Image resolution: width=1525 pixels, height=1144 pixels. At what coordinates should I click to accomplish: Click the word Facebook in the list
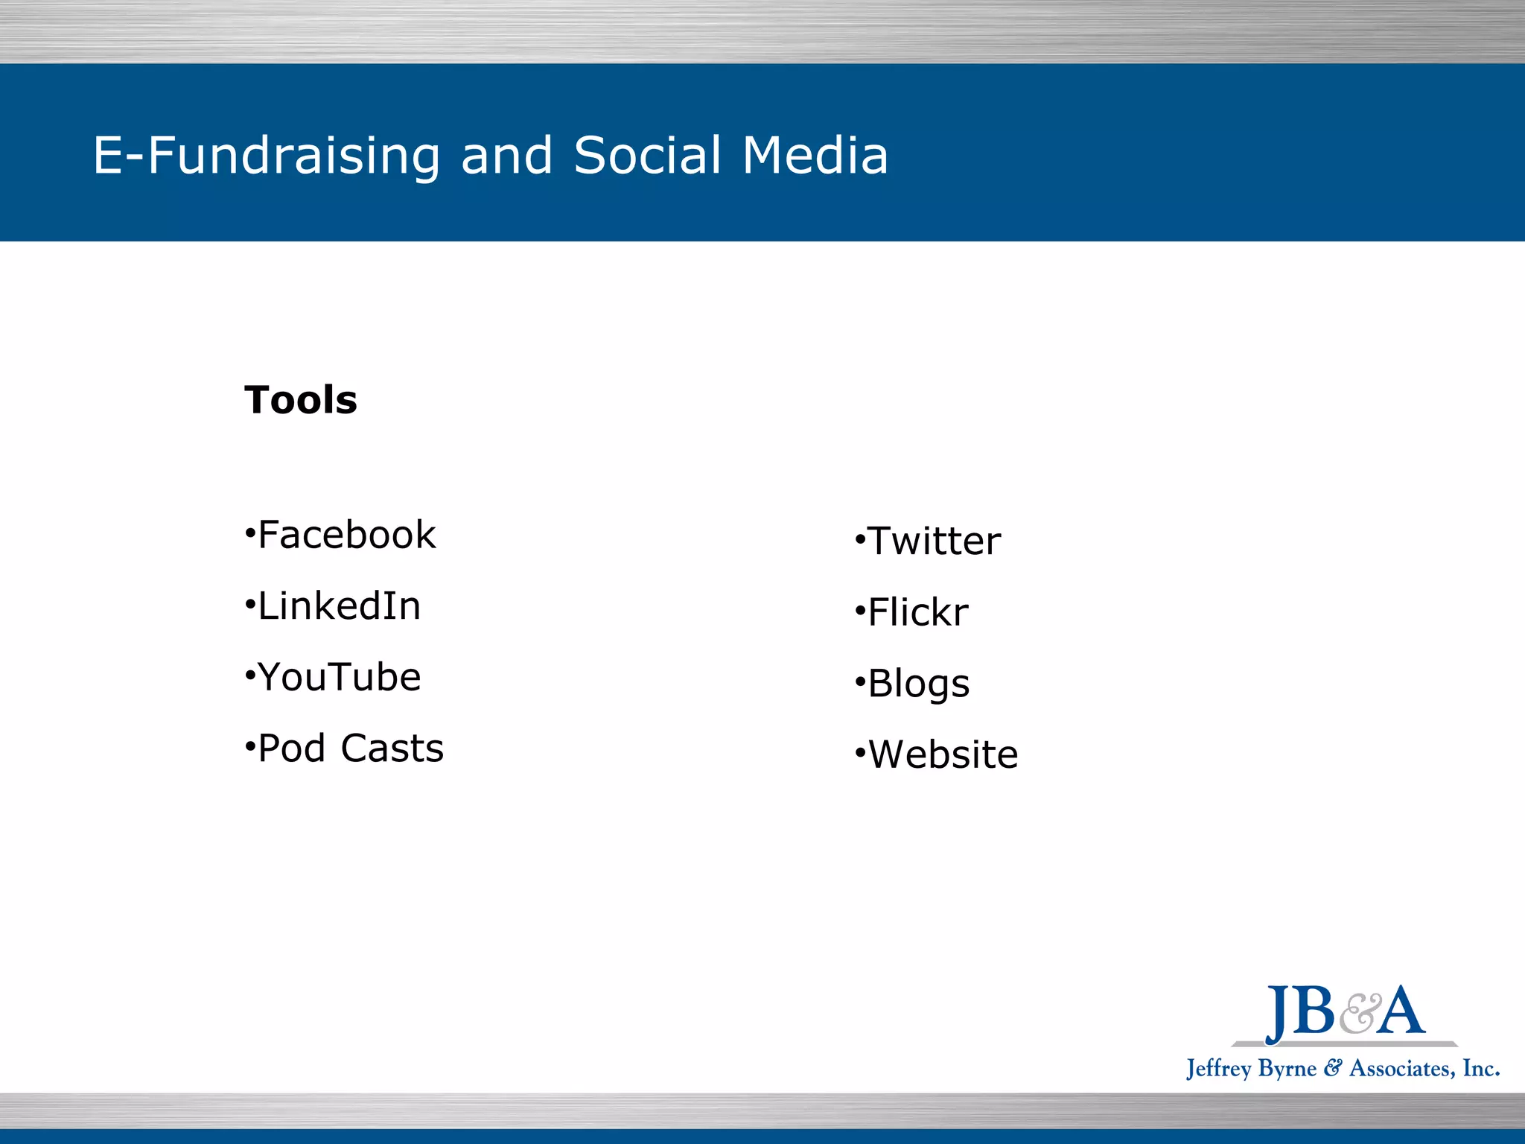(x=347, y=535)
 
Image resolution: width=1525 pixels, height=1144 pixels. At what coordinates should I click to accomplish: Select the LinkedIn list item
(x=340, y=606)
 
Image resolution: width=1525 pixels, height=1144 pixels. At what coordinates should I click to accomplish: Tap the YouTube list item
(x=340, y=677)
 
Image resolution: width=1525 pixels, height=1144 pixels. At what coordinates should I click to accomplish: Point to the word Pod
(x=292, y=748)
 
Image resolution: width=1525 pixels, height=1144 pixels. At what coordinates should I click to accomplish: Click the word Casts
(x=392, y=748)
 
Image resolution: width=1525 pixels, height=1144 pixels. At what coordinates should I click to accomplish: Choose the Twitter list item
(x=935, y=541)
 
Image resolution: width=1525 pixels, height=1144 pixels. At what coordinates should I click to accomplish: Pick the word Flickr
(x=918, y=612)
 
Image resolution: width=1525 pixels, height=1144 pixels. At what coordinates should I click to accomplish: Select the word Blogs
(x=919, y=684)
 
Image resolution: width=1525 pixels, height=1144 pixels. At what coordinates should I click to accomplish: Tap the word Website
(x=943, y=754)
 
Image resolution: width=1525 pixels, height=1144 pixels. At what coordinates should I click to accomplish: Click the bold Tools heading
(x=301, y=400)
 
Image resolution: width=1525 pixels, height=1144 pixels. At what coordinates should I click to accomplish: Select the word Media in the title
(x=815, y=156)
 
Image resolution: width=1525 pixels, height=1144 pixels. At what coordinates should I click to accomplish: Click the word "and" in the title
(x=507, y=156)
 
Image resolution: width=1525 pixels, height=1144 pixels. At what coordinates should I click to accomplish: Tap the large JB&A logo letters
(x=1345, y=1011)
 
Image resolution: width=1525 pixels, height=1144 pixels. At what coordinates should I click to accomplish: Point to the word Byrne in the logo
(x=1287, y=1069)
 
